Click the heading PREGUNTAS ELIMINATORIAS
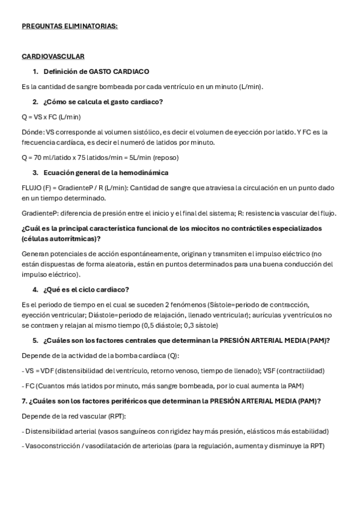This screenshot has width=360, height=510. (x=70, y=26)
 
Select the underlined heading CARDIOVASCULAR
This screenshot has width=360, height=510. (x=53, y=56)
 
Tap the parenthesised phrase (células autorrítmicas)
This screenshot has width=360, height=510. (x=60, y=239)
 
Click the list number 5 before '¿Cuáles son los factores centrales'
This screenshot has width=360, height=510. (x=35, y=340)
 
